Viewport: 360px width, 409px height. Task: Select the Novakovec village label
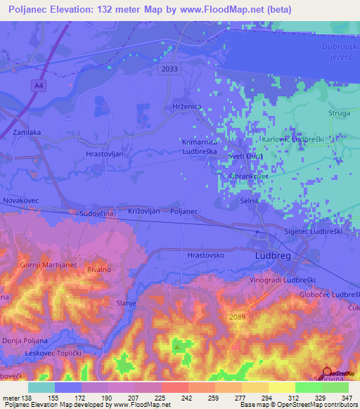tap(21, 200)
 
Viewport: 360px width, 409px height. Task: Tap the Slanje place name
tap(125, 303)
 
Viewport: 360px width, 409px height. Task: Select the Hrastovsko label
tap(205, 255)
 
